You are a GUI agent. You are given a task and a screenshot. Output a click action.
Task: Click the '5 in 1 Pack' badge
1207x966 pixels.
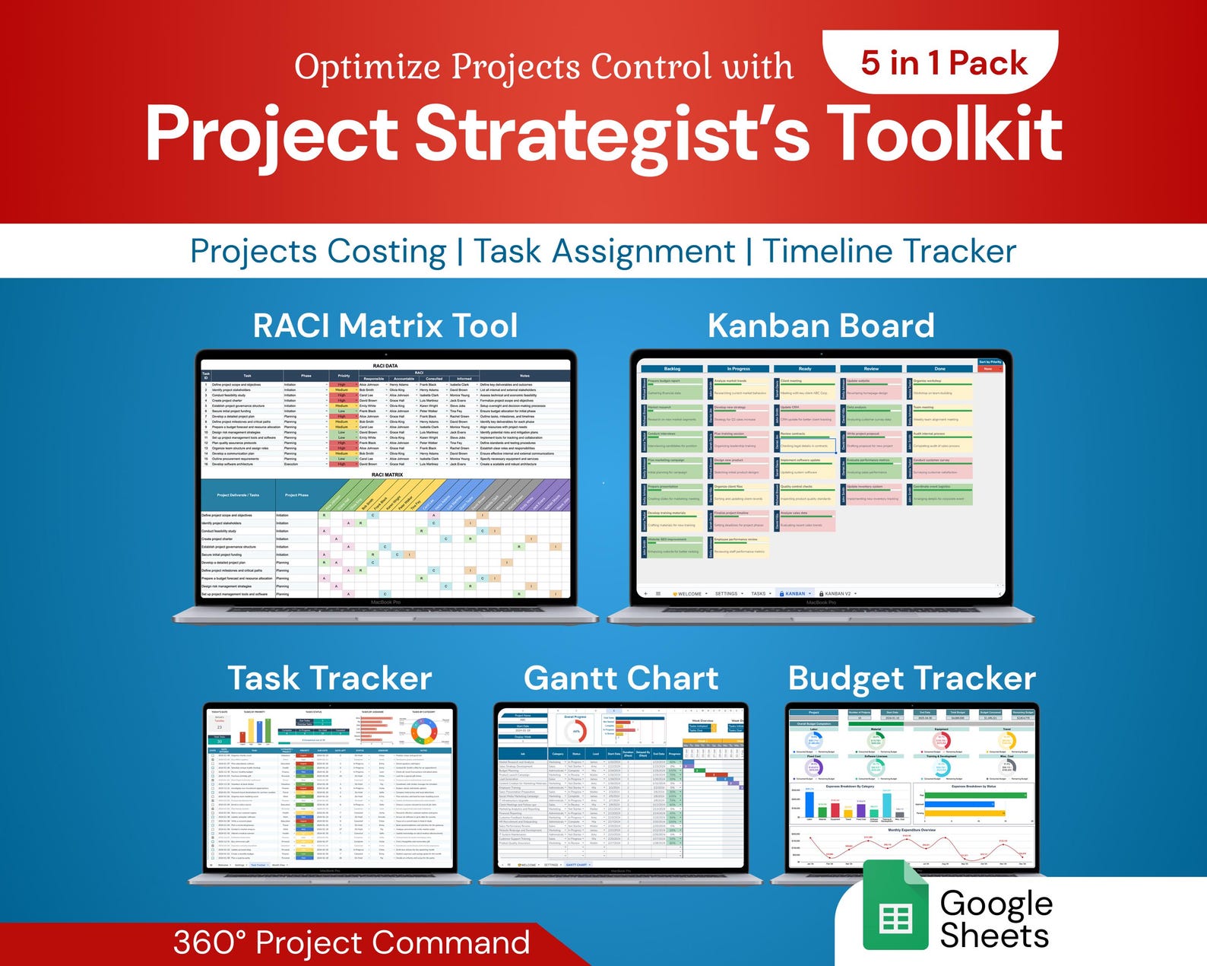point(942,63)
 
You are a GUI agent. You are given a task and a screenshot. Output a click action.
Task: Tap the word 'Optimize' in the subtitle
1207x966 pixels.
point(366,68)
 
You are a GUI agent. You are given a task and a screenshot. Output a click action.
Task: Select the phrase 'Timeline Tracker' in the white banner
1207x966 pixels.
point(889,251)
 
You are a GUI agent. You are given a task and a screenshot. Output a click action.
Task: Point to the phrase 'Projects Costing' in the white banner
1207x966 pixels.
point(318,252)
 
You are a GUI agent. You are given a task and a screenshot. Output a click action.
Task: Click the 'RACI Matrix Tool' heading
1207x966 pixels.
point(385,326)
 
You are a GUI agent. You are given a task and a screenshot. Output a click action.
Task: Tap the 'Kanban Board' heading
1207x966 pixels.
point(821,326)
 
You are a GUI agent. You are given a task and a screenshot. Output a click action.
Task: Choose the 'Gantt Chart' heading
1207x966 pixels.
point(621,678)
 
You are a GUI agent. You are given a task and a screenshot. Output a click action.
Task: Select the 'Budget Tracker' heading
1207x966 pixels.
point(912,678)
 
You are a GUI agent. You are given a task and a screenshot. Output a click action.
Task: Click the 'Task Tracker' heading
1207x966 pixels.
point(330,678)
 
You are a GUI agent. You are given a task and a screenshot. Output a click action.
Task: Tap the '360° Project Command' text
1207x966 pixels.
point(351,942)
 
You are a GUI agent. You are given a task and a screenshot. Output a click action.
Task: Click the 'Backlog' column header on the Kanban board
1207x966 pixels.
point(672,369)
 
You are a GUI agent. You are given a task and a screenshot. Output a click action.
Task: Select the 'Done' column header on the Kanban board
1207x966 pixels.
point(939,369)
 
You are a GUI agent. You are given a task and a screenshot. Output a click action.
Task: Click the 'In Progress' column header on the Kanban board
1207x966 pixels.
point(739,369)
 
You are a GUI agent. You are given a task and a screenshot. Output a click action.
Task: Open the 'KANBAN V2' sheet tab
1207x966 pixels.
point(838,593)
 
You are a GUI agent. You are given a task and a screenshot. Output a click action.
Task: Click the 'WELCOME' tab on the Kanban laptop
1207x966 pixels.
point(689,593)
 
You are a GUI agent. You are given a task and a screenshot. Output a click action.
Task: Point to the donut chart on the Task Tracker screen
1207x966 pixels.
point(423,732)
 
